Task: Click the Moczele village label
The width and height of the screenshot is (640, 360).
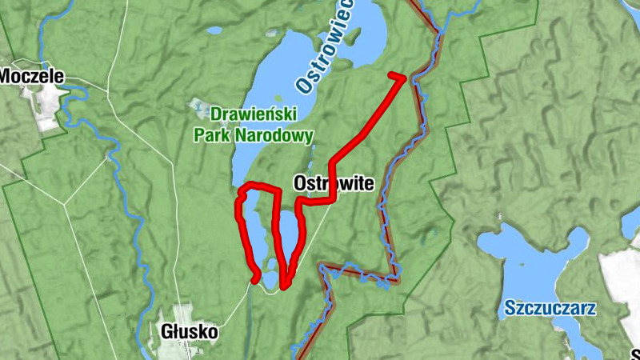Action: [30, 77]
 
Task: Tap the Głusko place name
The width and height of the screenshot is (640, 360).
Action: [189, 331]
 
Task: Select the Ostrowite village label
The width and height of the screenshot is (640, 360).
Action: [334, 183]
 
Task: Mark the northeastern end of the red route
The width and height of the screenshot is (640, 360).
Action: [393, 75]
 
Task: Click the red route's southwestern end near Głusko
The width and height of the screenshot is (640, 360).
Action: [255, 280]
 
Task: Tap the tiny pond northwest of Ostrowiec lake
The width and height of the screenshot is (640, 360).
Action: [214, 31]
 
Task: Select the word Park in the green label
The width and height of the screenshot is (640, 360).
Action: [210, 136]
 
